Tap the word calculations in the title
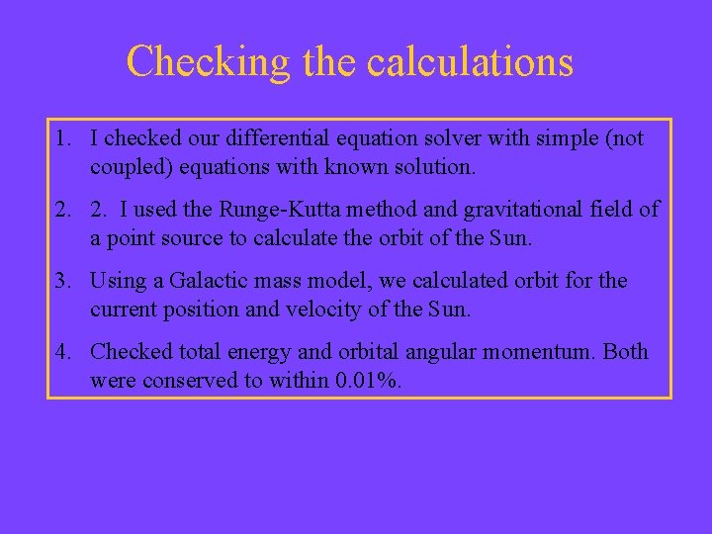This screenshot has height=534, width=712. tap(470, 61)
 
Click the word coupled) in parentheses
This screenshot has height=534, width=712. tap(126, 167)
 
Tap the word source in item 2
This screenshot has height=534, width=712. tap(213, 238)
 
